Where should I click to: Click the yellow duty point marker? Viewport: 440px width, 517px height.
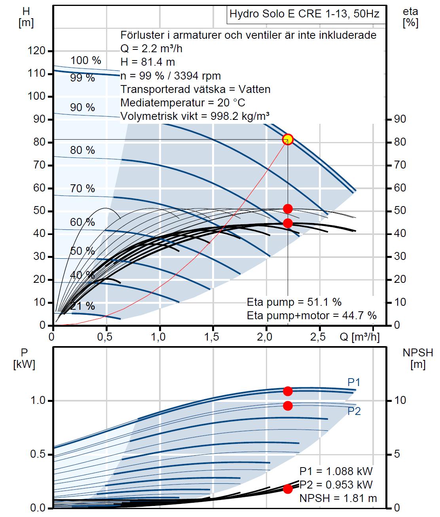pos(288,139)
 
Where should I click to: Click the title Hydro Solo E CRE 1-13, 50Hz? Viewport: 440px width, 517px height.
pos(304,14)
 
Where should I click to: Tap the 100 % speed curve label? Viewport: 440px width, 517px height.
pos(85,61)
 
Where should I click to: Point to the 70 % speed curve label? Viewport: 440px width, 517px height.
pos(82,188)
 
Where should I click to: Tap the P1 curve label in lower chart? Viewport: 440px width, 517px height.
pos(354,383)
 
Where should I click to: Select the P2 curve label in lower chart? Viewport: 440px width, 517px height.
pos(354,411)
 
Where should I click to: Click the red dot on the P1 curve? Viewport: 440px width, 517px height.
pos(288,391)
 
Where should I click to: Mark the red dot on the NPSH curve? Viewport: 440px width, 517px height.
pos(288,489)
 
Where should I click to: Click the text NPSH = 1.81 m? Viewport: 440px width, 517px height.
pos(338,498)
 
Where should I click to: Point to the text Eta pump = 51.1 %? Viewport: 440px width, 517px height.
pos(294,302)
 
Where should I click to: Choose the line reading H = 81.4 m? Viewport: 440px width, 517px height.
pos(148,62)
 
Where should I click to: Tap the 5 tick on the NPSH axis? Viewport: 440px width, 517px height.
pos(398,454)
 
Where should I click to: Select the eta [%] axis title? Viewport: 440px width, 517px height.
pos(410,17)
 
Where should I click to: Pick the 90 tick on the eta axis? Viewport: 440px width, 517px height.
pos(400,119)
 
